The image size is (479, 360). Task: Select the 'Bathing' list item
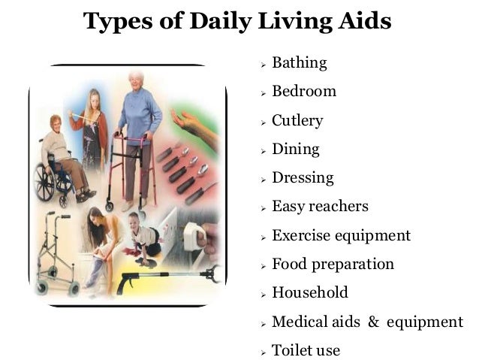tap(299, 62)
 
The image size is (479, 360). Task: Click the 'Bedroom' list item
tap(303, 92)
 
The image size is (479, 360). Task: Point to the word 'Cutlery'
tap(297, 120)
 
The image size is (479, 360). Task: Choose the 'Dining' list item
tap(295, 149)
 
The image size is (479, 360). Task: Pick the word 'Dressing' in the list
tap(303, 178)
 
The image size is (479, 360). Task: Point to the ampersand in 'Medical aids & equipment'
tap(373, 322)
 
